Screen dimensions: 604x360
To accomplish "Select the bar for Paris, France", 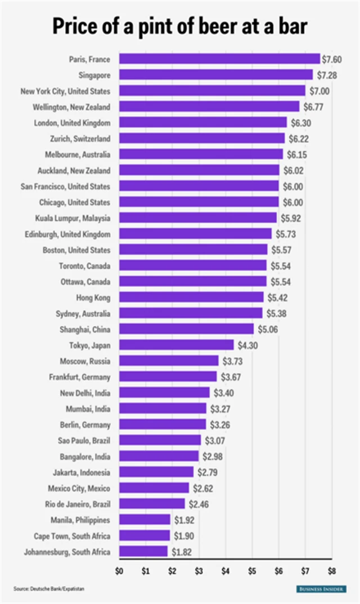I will [x=219, y=59].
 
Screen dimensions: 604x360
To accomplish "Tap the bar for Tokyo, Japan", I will [x=176, y=345].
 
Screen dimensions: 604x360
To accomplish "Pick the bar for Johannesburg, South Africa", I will [x=143, y=552].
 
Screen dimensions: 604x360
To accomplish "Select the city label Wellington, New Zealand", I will [x=73, y=107].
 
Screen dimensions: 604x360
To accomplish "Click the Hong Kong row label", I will [x=93, y=298].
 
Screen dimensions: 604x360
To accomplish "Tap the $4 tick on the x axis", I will [x=225, y=572].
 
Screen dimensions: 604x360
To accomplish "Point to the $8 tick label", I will [x=331, y=572].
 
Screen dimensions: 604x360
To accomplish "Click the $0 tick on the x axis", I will [x=119, y=572].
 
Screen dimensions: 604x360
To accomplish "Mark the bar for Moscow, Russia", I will [x=169, y=360].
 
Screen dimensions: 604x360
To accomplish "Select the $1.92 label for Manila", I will [x=183, y=520].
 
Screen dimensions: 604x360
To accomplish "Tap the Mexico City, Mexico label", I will [x=79, y=488].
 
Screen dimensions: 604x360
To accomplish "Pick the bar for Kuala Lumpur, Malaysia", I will [x=198, y=218].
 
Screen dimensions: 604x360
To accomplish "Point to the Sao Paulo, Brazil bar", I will [x=160, y=440].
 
